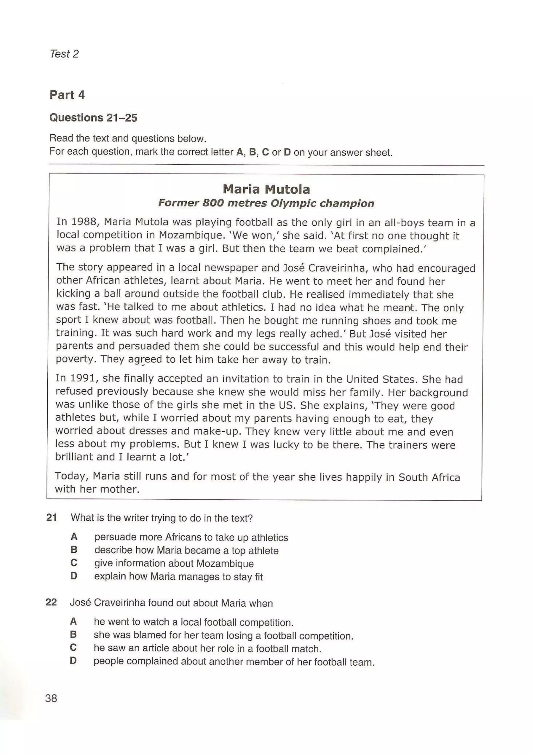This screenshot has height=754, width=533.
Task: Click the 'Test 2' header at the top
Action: [64, 54]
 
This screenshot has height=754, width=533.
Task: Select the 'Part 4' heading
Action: [67, 95]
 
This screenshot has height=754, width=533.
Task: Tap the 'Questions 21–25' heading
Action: [93, 118]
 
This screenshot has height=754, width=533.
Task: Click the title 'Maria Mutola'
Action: [266, 189]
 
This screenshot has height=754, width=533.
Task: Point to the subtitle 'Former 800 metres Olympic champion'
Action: [266, 203]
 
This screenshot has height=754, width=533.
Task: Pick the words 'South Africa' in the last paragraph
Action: [429, 477]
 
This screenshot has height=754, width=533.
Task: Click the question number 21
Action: [52, 517]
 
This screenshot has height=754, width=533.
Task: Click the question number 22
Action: [51, 602]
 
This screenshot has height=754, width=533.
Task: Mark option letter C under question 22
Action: [74, 648]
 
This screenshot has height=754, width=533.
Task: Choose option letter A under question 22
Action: [74, 621]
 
